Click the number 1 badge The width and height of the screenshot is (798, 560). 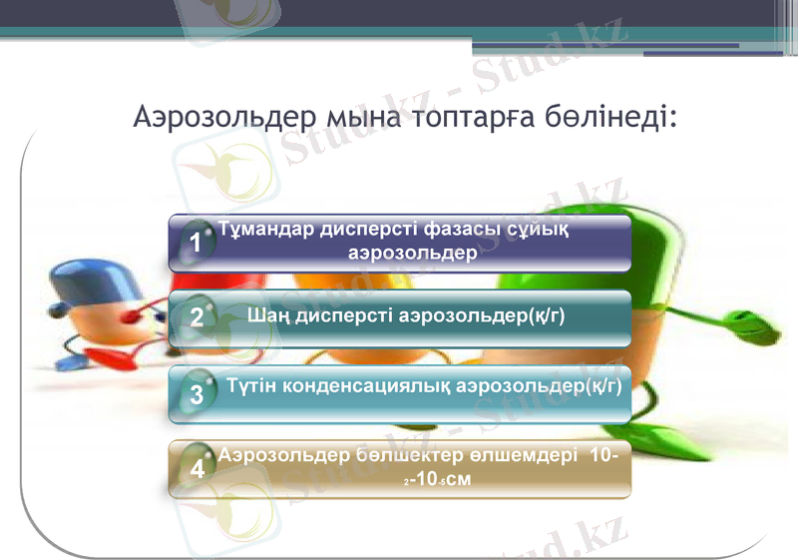point(197,243)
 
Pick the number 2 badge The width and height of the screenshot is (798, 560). point(197,317)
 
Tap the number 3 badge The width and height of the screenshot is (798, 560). point(197,394)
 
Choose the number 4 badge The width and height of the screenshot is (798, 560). point(197,469)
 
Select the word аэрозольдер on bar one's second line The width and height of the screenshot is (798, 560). point(412,253)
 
